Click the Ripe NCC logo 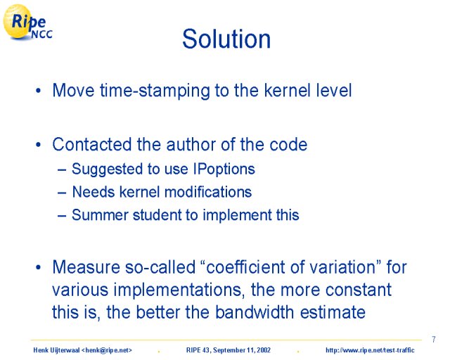pos(27,22)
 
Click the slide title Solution pos(226,39)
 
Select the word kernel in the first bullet pos(288,90)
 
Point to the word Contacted pos(92,144)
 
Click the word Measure pos(86,267)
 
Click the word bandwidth pos(255,311)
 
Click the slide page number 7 pos(433,340)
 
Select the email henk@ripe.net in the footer pos(107,350)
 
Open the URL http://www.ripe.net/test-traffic pos(370,350)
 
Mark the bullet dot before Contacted pos(38,145)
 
